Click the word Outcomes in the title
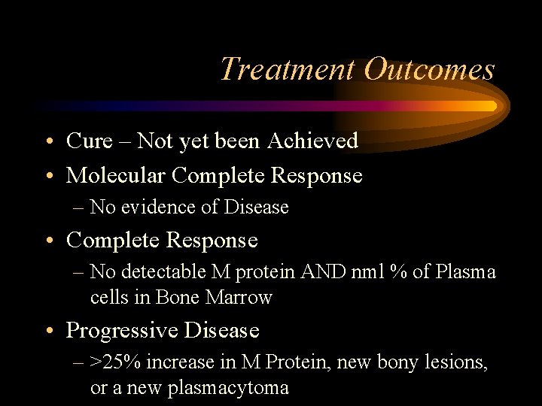pyautogui.click(x=429, y=69)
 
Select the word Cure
pyautogui.click(x=89, y=141)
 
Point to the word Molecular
pyautogui.click(x=116, y=175)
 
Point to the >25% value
pyautogui.click(x=116, y=362)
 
